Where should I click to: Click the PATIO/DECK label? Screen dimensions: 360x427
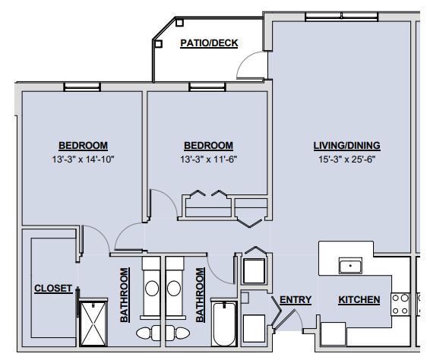(x=208, y=43)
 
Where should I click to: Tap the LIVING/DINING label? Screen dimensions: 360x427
(x=346, y=146)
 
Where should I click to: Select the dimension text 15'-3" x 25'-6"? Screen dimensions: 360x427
(x=346, y=159)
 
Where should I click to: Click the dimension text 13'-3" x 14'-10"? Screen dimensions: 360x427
(x=83, y=159)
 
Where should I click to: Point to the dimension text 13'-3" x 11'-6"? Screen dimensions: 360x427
(x=208, y=159)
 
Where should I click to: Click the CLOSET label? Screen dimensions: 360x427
(x=53, y=289)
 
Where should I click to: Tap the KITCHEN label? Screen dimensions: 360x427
(x=359, y=300)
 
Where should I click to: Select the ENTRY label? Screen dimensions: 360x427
(x=295, y=300)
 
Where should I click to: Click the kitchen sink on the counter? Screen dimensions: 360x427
(x=350, y=266)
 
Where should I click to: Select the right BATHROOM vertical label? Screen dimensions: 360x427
(x=201, y=296)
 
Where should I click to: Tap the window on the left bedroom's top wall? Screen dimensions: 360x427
(x=82, y=87)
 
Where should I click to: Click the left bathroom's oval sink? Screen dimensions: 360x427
(x=151, y=289)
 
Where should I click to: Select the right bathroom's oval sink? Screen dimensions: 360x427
(x=176, y=289)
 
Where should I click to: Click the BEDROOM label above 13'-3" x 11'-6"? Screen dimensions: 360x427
(x=208, y=146)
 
